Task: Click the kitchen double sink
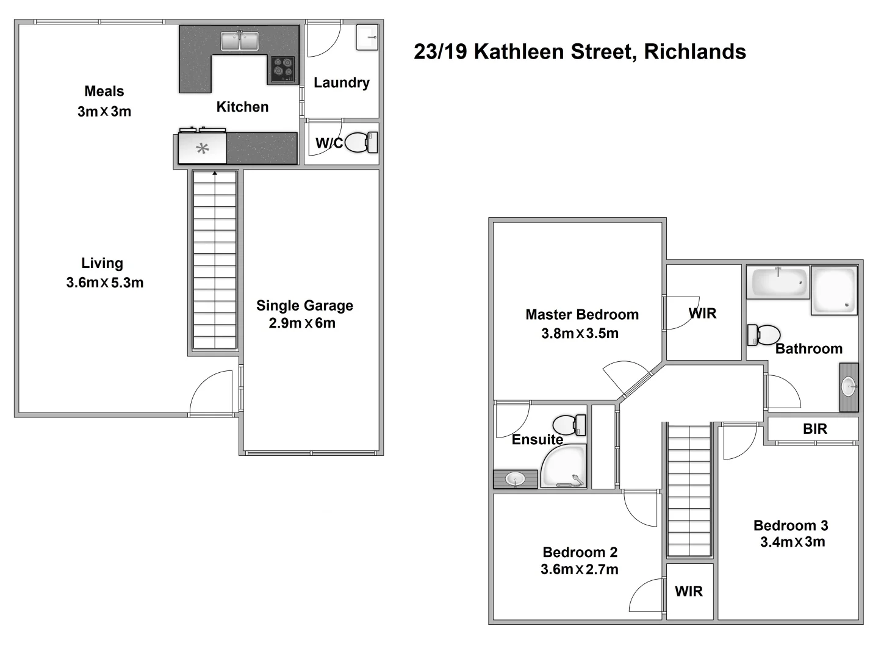(x=240, y=41)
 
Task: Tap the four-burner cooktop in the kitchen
(x=282, y=69)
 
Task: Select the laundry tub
(x=367, y=37)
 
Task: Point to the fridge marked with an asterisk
(x=203, y=148)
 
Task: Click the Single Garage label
(x=304, y=306)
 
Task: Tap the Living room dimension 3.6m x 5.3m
(x=105, y=283)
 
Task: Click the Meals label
(x=104, y=92)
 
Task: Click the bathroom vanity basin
(x=849, y=387)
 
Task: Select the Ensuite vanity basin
(x=516, y=479)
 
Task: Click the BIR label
(x=814, y=429)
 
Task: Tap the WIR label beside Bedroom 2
(x=689, y=591)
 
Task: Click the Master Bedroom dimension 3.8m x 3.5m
(x=580, y=334)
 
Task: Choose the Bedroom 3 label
(x=791, y=525)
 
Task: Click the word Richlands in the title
(x=695, y=52)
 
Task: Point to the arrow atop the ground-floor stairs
(x=215, y=174)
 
